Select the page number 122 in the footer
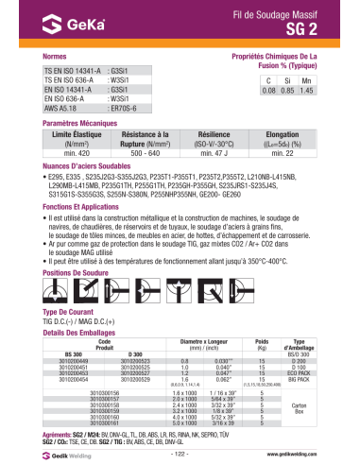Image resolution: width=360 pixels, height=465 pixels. point(180,454)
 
